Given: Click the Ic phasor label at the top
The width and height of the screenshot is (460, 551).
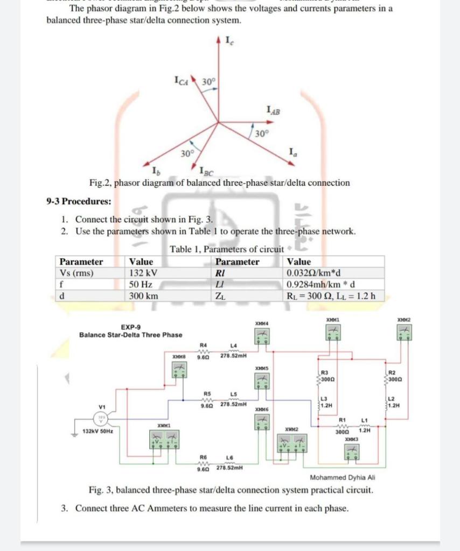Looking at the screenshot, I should [229, 40].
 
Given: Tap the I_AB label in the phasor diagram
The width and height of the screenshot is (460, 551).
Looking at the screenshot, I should [274, 111].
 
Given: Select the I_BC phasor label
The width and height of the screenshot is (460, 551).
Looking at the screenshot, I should [206, 172].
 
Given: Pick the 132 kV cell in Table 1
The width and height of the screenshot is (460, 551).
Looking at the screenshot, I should [143, 273].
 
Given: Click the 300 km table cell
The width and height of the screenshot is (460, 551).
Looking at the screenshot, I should [144, 296].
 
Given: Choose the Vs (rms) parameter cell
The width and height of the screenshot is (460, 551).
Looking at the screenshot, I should [76, 273].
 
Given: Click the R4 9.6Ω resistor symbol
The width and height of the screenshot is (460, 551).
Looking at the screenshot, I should [203, 349].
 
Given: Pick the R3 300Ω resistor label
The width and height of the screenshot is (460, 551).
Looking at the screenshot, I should [328, 375].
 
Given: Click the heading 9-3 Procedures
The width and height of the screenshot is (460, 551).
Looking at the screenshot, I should [79, 201].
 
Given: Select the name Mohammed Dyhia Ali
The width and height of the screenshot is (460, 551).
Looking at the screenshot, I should [343, 477].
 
